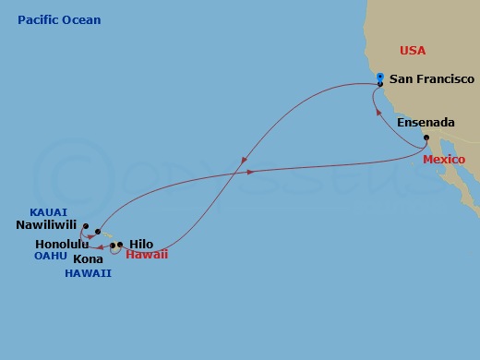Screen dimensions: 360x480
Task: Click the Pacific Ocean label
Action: coord(59,19)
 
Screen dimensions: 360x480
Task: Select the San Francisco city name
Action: coord(431,79)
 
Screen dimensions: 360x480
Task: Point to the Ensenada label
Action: coord(425,123)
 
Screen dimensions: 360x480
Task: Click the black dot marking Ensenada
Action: coord(427,139)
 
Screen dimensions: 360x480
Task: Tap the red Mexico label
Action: coord(442,159)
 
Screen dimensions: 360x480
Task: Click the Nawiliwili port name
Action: coord(47,223)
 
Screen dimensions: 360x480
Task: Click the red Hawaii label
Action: coord(147,254)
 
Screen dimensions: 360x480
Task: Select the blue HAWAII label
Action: coord(88,273)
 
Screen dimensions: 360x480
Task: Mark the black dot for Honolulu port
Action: coord(97,233)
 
